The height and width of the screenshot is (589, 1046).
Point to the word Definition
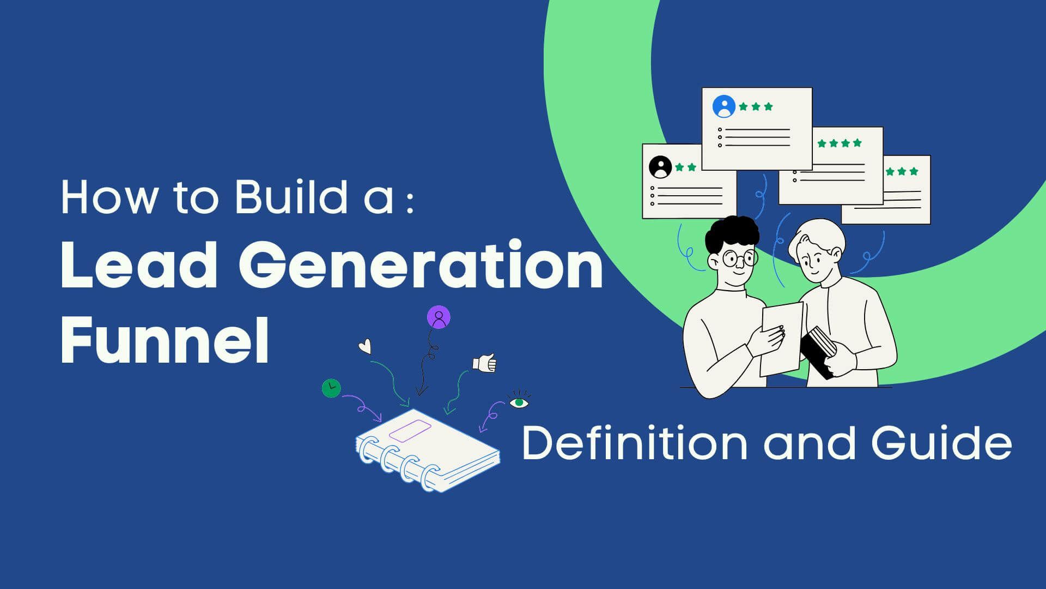pyautogui.click(x=635, y=443)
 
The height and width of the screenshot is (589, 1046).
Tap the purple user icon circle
pyautogui.click(x=439, y=317)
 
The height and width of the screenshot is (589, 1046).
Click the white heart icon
pyautogui.click(x=365, y=346)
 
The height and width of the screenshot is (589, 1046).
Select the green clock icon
pyautogui.click(x=331, y=388)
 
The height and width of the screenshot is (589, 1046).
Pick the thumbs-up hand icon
pyautogui.click(x=485, y=363)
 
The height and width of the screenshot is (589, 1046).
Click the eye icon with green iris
pyautogui.click(x=519, y=402)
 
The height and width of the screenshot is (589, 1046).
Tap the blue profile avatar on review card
pyautogui.click(x=723, y=107)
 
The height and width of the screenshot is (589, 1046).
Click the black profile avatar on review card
pyautogui.click(x=661, y=167)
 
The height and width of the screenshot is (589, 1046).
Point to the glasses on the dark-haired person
pyautogui.click(x=738, y=259)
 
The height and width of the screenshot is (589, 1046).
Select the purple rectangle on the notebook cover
pyautogui.click(x=410, y=431)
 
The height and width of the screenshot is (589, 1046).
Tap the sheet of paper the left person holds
pyautogui.click(x=782, y=338)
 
